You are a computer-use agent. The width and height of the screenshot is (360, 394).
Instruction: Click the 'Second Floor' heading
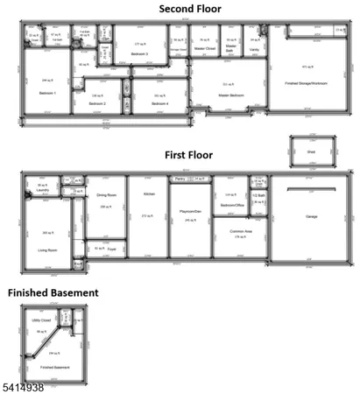pyautogui.click(x=189, y=8)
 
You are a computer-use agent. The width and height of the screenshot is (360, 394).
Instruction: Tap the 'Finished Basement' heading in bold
pyautogui.click(x=53, y=292)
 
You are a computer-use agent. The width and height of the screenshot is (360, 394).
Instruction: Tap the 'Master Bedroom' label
pyautogui.click(x=229, y=95)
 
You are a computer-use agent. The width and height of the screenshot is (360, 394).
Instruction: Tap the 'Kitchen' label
pyautogui.click(x=149, y=193)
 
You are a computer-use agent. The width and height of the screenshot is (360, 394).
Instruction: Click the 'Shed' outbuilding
pyautogui.click(x=312, y=151)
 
